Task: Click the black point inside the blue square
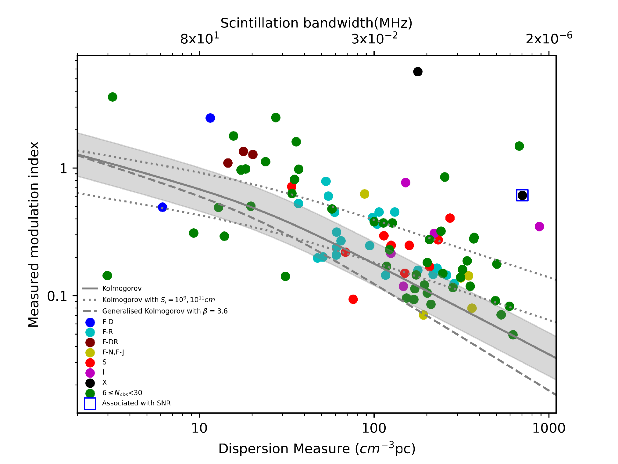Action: click(522, 195)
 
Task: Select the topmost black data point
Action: click(418, 72)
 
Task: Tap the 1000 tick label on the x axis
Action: click(548, 428)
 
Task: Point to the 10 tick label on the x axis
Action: click(199, 428)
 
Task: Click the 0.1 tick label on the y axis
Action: click(57, 296)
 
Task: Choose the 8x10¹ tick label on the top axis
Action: click(200, 38)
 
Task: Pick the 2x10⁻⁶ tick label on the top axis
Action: click(549, 38)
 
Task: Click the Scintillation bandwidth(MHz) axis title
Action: click(316, 23)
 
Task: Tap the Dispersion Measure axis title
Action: click(317, 448)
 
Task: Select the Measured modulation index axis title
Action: click(34, 234)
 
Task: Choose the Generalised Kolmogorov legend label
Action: click(165, 311)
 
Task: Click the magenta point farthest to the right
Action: click(539, 227)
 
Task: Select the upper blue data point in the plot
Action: click(210, 118)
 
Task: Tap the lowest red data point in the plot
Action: click(353, 299)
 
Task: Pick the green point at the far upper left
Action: click(113, 97)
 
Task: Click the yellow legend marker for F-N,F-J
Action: click(90, 353)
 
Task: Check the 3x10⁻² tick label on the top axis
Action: click(374, 38)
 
